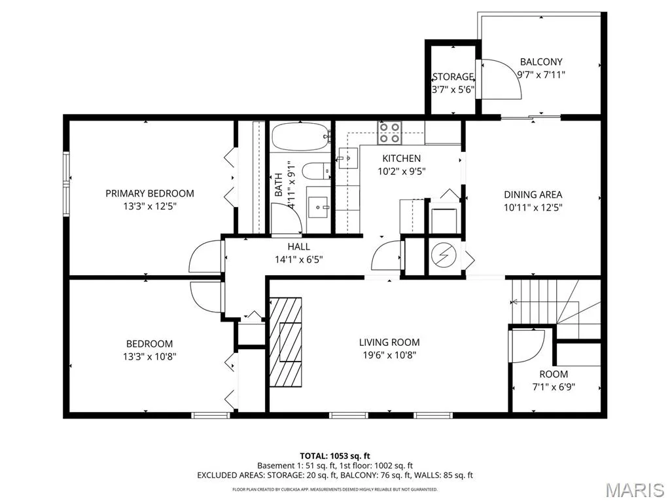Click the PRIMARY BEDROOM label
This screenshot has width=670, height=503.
[150, 193]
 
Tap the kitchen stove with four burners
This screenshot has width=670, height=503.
[389, 132]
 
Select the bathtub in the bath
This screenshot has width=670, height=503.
[302, 136]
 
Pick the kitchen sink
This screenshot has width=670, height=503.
[348, 158]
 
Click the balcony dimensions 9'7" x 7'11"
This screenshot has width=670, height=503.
[541, 75]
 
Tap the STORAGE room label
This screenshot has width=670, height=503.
[453, 77]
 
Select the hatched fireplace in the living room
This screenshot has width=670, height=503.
[285, 342]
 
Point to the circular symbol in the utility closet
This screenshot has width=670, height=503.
[444, 256]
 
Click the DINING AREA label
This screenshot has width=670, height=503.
[533, 195]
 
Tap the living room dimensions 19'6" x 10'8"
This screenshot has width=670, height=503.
[389, 355]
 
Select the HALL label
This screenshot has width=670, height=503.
[298, 246]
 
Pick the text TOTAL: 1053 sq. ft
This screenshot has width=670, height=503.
[334, 456]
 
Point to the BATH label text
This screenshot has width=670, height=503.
[279, 185]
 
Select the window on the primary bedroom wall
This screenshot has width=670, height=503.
[66, 183]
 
